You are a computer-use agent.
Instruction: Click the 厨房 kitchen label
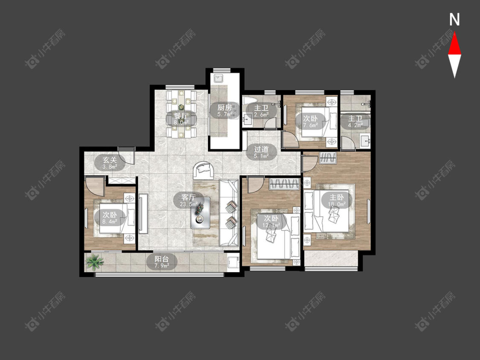click(x=224, y=110)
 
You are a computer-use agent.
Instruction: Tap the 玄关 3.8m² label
click(x=110, y=163)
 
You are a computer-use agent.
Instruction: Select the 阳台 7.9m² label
click(x=162, y=262)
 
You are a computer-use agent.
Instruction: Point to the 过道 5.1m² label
click(x=262, y=152)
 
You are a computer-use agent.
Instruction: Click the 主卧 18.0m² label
click(x=337, y=200)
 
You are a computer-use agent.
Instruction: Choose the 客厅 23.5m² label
click(x=188, y=200)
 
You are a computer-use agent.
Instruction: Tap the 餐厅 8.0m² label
click(x=181, y=119)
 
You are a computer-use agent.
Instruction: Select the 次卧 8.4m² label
click(x=110, y=218)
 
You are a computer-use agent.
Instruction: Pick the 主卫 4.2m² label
click(x=355, y=121)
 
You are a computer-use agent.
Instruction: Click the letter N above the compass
click(x=454, y=20)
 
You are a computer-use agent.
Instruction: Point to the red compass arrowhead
click(x=454, y=44)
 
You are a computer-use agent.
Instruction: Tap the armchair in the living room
click(x=203, y=170)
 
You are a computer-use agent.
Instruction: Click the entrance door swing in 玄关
click(x=126, y=156)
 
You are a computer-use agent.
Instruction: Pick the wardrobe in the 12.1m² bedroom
click(x=284, y=184)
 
